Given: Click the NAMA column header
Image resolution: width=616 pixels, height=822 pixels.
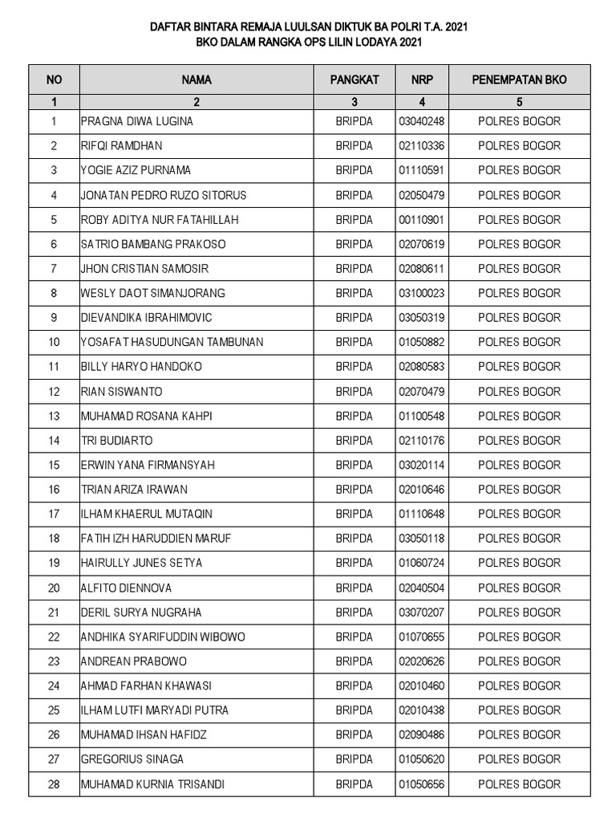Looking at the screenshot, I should pos(196,80).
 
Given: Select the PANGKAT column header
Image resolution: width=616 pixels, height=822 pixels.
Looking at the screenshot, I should pos(355,80).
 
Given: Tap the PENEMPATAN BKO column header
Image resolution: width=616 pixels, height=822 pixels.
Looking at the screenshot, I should pos(519,80).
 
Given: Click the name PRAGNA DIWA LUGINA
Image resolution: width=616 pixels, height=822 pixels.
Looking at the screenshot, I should pos(137,121).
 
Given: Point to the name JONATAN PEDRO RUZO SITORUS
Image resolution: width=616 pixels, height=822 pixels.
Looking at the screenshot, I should pos(164,195).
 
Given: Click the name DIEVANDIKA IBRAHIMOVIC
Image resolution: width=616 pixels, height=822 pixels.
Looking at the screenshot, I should pos(147,318).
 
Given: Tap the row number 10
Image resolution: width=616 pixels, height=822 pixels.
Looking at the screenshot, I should pos(54,342).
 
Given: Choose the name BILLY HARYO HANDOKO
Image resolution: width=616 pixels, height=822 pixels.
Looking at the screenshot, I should pos(141,367).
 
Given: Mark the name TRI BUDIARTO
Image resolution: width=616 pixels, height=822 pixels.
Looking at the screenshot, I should pos(117,441).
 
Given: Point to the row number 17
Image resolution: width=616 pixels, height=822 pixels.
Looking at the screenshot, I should pos(54,514).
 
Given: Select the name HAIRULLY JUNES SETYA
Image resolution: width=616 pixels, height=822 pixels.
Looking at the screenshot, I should pos(141,563).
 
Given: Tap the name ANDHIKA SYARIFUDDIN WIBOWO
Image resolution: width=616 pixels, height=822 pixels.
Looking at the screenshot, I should pos(164,637).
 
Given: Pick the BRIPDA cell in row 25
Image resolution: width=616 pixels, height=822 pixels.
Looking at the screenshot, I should pos(355,710).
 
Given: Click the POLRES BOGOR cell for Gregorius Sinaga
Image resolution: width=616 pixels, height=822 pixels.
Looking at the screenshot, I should pos(519,759).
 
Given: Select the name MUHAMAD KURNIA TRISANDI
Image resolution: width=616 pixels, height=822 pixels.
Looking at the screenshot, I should pos(152,784).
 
